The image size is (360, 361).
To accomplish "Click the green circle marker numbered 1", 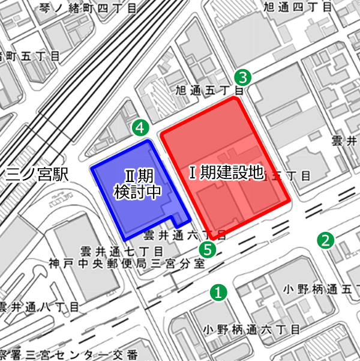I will [219, 293].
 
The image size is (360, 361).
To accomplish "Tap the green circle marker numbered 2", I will [325, 241].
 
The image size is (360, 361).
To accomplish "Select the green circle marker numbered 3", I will [242, 77].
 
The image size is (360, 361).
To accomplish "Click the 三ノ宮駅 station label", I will [36, 175].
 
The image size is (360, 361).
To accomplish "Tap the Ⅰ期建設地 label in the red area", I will [226, 173].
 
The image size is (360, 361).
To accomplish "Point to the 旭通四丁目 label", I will [297, 8].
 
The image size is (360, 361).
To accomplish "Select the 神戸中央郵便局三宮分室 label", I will [127, 263].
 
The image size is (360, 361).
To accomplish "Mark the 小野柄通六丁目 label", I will [250, 329].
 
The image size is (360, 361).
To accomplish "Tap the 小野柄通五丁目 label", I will [321, 290].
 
